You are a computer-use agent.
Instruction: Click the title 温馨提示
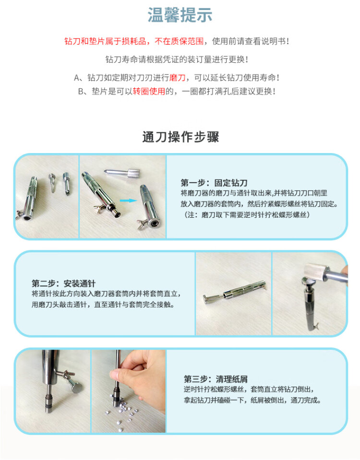180,15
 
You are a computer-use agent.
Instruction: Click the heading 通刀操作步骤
180,137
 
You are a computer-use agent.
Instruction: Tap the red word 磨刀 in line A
178,78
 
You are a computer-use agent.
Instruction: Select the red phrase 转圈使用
149,92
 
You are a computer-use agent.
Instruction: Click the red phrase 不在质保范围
179,41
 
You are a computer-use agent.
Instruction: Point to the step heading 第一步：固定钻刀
214,183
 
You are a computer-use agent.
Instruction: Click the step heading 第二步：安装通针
63,283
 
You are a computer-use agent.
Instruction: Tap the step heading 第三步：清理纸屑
216,379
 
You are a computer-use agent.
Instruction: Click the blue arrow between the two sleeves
128,201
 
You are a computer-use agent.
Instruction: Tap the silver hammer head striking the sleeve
315,272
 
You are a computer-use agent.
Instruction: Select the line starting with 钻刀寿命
177,59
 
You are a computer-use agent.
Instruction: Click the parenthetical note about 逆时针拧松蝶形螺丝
247,215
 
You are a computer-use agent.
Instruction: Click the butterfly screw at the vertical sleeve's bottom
315,326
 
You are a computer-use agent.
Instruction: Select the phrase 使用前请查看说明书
251,41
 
